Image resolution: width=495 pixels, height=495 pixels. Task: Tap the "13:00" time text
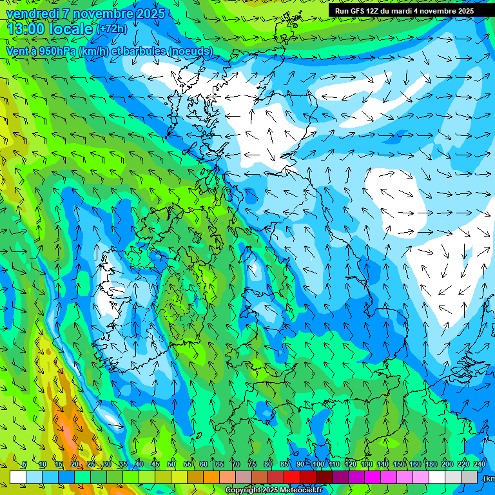(26, 28)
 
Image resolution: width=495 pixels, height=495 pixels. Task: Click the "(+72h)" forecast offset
(112, 28)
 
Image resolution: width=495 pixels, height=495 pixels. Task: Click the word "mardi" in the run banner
(403, 11)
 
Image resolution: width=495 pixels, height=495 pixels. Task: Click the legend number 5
(24, 465)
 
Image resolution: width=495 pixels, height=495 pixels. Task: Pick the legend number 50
(171, 465)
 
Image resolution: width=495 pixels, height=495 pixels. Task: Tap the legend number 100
(318, 465)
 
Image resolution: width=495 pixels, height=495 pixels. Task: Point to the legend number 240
(480, 465)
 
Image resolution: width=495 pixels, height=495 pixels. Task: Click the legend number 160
(415, 465)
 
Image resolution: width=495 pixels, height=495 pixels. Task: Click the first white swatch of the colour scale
(18, 477)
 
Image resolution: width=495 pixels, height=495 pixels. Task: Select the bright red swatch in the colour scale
(292, 477)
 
